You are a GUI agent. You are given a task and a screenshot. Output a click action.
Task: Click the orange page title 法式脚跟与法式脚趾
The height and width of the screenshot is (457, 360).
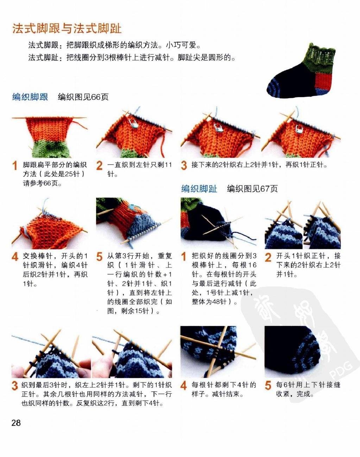(x=67, y=28)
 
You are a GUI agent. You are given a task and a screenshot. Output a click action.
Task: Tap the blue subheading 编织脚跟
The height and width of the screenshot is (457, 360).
(x=30, y=97)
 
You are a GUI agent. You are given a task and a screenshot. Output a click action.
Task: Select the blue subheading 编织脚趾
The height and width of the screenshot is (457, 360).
(x=199, y=188)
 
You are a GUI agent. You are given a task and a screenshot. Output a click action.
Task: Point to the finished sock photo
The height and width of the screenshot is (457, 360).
(x=301, y=71)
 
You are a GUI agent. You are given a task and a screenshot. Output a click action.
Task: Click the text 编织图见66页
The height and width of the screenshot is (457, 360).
(x=83, y=97)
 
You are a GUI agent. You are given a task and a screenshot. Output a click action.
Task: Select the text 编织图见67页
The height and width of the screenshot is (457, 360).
(x=252, y=189)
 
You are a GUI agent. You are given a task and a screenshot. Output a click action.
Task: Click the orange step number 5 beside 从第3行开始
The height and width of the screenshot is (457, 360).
(x=100, y=257)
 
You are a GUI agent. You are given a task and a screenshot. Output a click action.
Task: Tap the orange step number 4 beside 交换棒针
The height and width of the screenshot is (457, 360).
(x=15, y=257)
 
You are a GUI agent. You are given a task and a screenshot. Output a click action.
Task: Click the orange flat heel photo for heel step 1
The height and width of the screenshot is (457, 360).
(x=49, y=136)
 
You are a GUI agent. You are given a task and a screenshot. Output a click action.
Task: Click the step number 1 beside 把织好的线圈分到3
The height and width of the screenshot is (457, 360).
(x=184, y=257)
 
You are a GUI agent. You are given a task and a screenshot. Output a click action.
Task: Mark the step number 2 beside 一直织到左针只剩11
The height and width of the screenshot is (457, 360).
(x=100, y=166)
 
